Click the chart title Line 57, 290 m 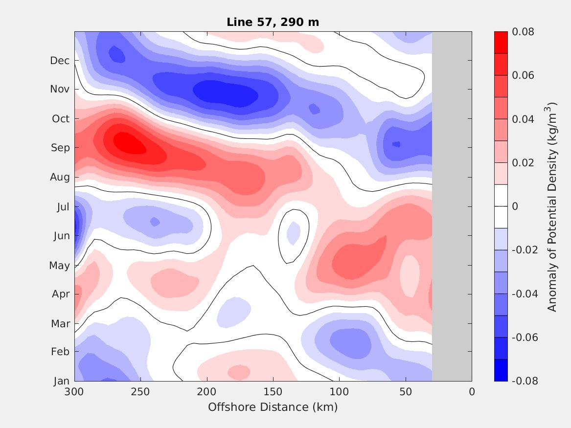273,22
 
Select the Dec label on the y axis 60,61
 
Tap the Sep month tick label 60,148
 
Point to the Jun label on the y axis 61,236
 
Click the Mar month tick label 60,324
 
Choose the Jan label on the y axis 61,381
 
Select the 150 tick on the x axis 273,392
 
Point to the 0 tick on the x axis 472,392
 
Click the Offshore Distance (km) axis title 273,407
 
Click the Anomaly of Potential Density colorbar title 552,206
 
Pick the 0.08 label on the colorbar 523,32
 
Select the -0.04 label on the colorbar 525,294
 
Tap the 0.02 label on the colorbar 523,163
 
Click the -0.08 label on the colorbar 525,381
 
